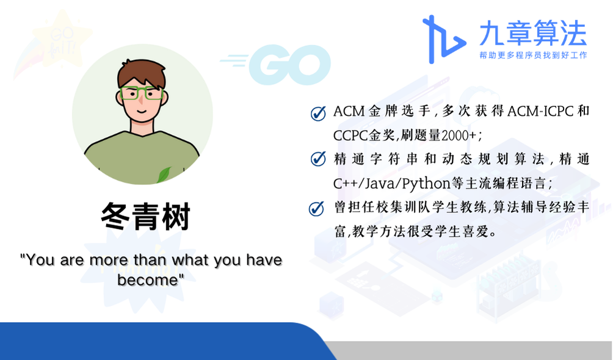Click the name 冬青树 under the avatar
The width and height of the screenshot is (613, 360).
point(145,216)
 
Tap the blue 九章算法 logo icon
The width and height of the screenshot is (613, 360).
point(443,39)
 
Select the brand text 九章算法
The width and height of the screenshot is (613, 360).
point(533,33)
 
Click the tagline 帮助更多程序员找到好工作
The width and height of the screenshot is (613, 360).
point(533,55)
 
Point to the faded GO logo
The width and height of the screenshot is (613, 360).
point(275,65)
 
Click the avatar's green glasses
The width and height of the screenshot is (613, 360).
point(142,93)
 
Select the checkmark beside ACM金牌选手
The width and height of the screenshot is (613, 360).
point(318,113)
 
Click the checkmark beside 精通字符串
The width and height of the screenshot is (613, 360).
point(318,159)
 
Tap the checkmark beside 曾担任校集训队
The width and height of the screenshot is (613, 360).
point(317,209)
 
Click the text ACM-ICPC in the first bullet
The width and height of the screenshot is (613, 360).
point(541,112)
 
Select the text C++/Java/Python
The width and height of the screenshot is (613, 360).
point(392,183)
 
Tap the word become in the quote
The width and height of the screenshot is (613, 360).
point(148,280)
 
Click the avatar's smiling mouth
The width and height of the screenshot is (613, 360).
point(142,112)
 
